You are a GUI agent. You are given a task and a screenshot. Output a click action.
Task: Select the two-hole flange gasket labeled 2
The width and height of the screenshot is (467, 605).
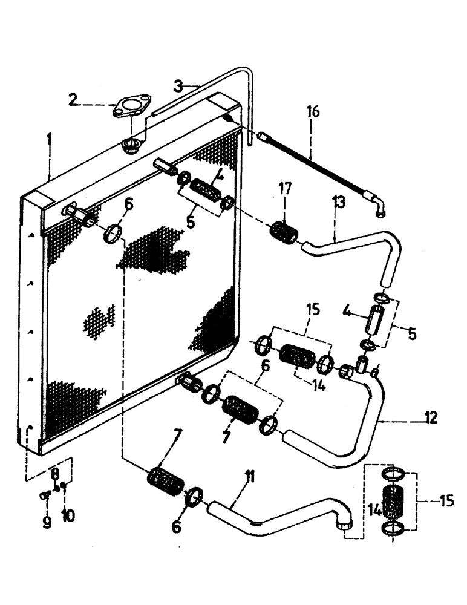click(129, 108)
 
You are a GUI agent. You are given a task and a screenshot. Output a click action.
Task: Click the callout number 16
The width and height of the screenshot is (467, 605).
click(312, 113)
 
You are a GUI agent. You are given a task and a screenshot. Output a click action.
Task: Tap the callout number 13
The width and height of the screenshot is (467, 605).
click(338, 203)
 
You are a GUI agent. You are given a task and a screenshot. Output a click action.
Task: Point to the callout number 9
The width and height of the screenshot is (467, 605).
click(47, 522)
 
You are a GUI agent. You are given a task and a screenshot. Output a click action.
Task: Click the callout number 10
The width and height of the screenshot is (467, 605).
click(67, 516)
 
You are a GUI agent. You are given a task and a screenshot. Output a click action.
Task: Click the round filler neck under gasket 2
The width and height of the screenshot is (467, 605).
click(132, 145)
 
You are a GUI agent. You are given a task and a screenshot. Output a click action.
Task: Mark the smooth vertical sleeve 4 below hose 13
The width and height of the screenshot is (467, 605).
click(374, 319)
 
